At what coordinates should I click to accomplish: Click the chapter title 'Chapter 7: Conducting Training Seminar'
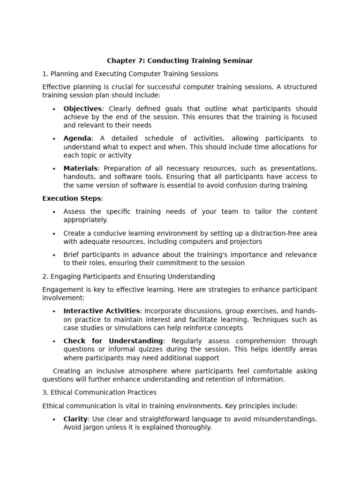(x=180, y=60)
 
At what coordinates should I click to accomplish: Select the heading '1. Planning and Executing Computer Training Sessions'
(x=130, y=74)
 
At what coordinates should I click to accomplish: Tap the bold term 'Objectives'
(x=82, y=109)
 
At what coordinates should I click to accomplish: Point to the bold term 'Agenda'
(x=77, y=138)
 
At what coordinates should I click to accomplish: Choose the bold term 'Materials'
(x=81, y=168)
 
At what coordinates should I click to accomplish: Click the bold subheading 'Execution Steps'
(x=71, y=198)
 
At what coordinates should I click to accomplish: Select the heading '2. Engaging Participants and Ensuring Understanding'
(x=128, y=277)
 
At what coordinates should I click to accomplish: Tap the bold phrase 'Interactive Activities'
(x=102, y=311)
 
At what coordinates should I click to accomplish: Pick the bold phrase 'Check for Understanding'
(x=113, y=341)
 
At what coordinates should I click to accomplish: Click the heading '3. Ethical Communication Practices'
(x=99, y=392)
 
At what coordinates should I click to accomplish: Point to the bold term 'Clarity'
(x=75, y=419)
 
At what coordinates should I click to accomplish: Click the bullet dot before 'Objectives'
(x=54, y=109)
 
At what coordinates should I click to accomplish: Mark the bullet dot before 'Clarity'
(x=54, y=420)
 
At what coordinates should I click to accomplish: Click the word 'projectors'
(x=246, y=242)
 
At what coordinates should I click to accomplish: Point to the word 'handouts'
(x=78, y=177)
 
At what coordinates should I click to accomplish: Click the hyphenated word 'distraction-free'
(x=268, y=233)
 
